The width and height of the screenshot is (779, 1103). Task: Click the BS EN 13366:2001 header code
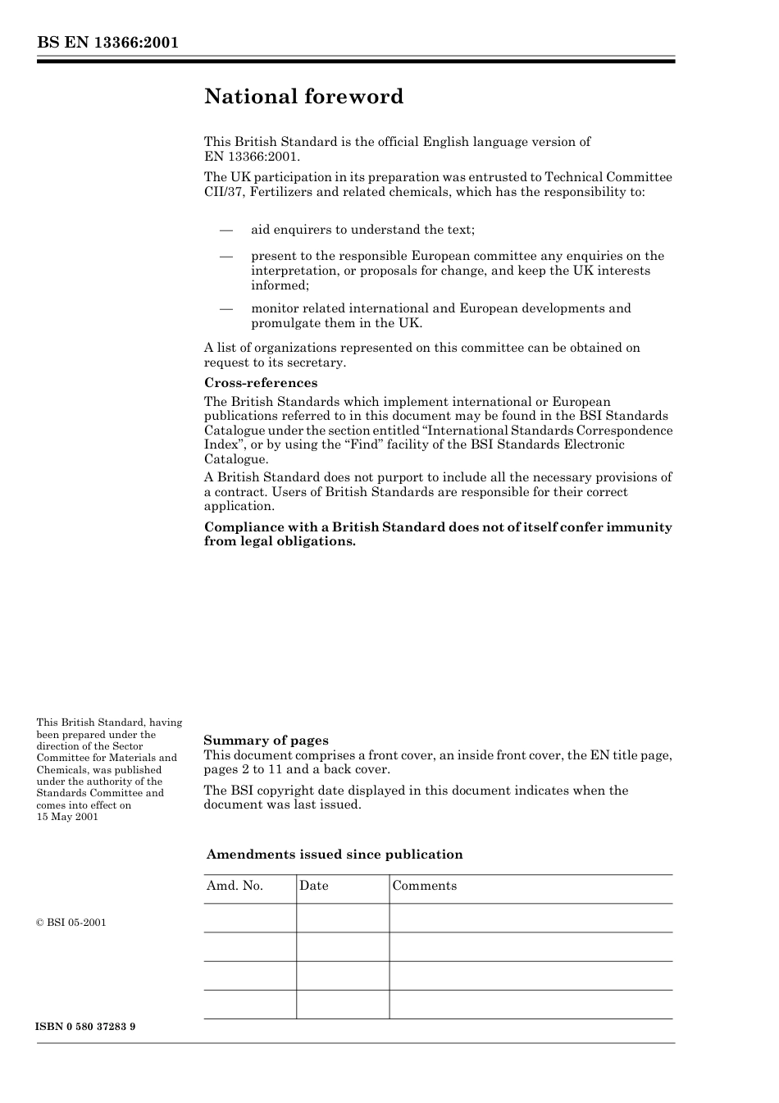click(x=107, y=43)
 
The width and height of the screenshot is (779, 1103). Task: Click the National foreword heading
click(x=303, y=97)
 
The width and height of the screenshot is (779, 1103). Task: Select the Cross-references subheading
click(x=260, y=383)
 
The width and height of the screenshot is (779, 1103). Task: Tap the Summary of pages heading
click(x=266, y=741)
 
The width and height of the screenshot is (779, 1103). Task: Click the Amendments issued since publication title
click(x=335, y=855)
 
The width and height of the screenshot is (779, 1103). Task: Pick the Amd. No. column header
click(x=235, y=886)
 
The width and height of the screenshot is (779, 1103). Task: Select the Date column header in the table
click(x=313, y=886)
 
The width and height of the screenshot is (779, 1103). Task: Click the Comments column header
click(x=424, y=886)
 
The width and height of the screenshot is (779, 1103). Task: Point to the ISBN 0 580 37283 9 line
click(x=86, y=1027)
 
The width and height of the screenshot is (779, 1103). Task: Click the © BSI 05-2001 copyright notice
click(x=71, y=923)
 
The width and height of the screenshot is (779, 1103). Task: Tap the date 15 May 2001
click(x=67, y=817)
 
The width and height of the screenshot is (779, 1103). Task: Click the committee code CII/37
click(x=224, y=193)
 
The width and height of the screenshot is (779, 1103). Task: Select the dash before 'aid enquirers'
click(x=225, y=230)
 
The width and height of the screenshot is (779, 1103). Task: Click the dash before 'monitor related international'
click(x=225, y=309)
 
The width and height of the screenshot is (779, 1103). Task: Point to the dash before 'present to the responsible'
click(x=225, y=257)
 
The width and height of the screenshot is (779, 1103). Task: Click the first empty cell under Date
click(x=342, y=918)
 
